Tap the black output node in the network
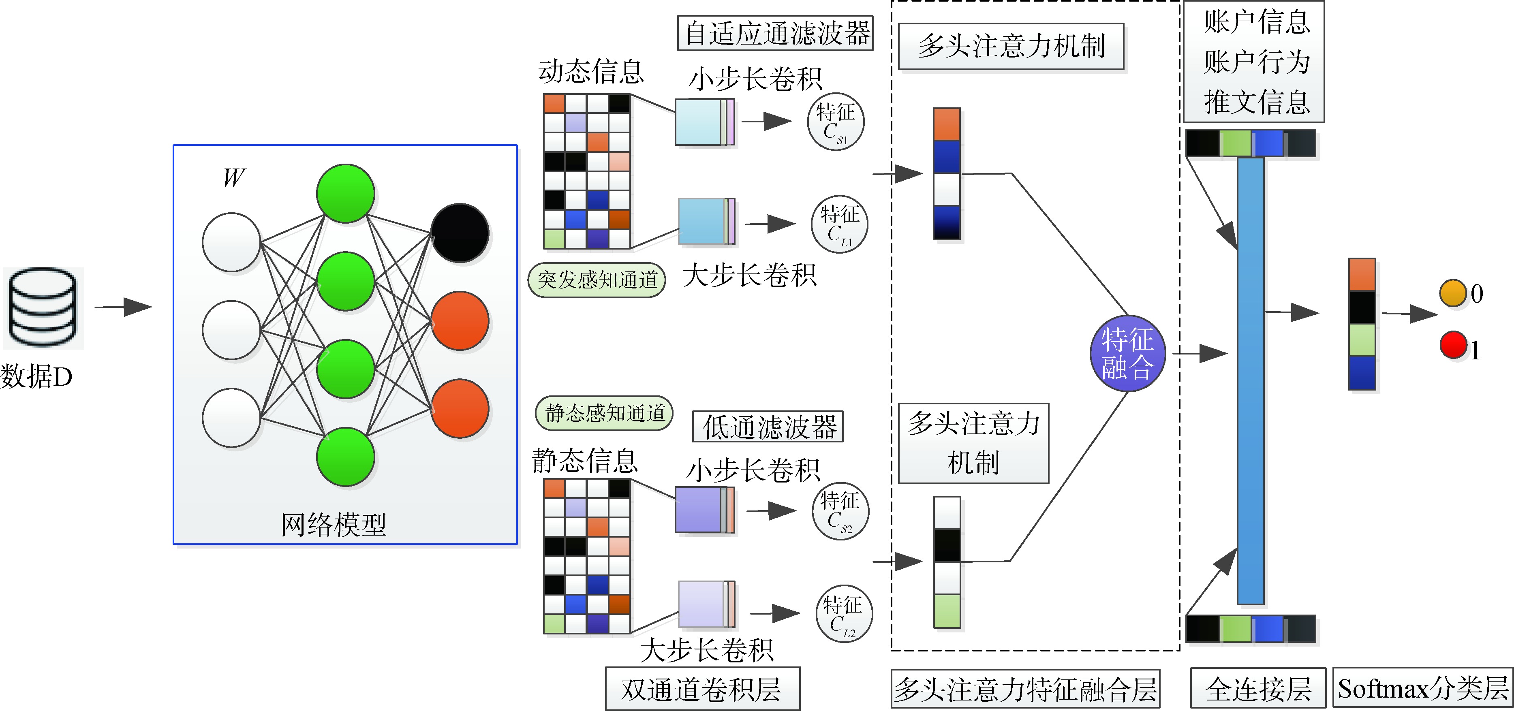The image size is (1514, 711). [460, 233]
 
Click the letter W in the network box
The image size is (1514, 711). [233, 177]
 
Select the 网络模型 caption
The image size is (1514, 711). [333, 524]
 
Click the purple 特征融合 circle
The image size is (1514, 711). [1127, 354]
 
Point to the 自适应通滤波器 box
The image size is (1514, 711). [775, 33]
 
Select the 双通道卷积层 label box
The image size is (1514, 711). [702, 689]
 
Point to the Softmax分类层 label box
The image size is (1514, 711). [1422, 688]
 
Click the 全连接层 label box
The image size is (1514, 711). [1258, 688]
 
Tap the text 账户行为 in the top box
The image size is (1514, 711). [1257, 62]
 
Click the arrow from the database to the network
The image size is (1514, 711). [124, 306]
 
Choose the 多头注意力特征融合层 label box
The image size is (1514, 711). [1025, 689]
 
